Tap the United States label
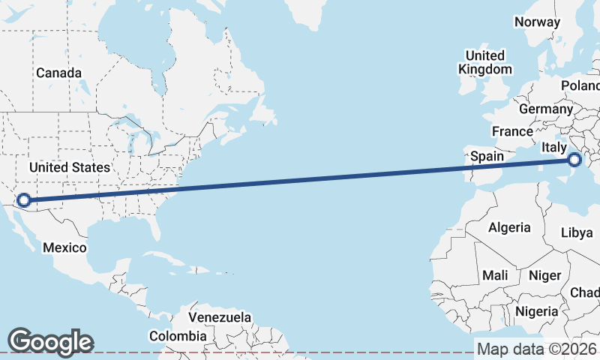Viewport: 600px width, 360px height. (x=69, y=167)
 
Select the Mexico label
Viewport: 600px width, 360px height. (x=64, y=247)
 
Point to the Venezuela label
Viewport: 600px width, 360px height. (x=220, y=317)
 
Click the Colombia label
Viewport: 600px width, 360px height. (x=177, y=337)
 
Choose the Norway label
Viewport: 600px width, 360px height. (x=537, y=22)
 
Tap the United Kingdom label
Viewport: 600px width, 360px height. (x=485, y=62)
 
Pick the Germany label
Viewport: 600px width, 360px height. (x=546, y=109)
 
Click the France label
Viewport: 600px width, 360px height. (x=512, y=131)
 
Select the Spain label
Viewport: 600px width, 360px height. (x=487, y=157)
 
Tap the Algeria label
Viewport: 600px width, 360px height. (x=509, y=227)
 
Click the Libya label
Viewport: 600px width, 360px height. (x=577, y=232)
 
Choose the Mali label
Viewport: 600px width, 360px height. (x=495, y=275)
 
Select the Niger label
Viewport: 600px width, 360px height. (x=545, y=275)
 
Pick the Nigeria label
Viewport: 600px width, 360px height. (x=537, y=310)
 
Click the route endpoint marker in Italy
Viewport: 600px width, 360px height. (x=574, y=160)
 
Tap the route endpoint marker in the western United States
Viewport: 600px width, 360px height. (x=24, y=199)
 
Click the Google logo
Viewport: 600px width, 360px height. (x=50, y=342)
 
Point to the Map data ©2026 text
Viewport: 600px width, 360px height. (x=537, y=349)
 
